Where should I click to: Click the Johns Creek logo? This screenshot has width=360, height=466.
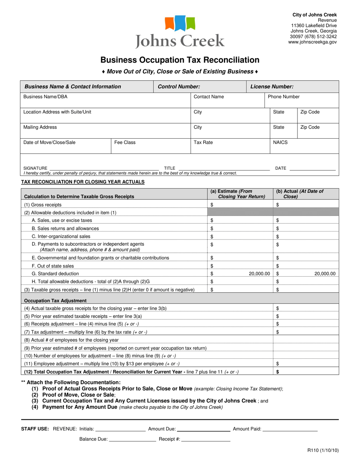180,32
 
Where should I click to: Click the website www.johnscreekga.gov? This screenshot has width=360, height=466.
312,42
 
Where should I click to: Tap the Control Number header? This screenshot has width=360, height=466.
179,87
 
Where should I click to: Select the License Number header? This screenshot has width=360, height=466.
272,87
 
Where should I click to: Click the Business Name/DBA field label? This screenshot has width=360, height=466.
45,97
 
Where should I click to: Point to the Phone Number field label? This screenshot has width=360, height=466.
283,97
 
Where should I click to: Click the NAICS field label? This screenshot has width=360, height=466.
280,143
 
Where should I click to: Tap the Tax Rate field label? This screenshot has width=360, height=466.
203,143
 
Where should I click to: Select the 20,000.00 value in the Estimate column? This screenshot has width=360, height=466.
259,274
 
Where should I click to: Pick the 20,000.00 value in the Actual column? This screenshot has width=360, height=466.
325,274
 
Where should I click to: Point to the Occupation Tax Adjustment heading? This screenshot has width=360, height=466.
55,301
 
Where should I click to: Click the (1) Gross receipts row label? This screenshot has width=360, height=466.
43,205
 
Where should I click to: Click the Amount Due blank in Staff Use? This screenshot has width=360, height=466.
203,429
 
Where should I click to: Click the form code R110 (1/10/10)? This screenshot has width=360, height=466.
323,450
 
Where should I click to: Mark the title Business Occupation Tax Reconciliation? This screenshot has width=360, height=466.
180,60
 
